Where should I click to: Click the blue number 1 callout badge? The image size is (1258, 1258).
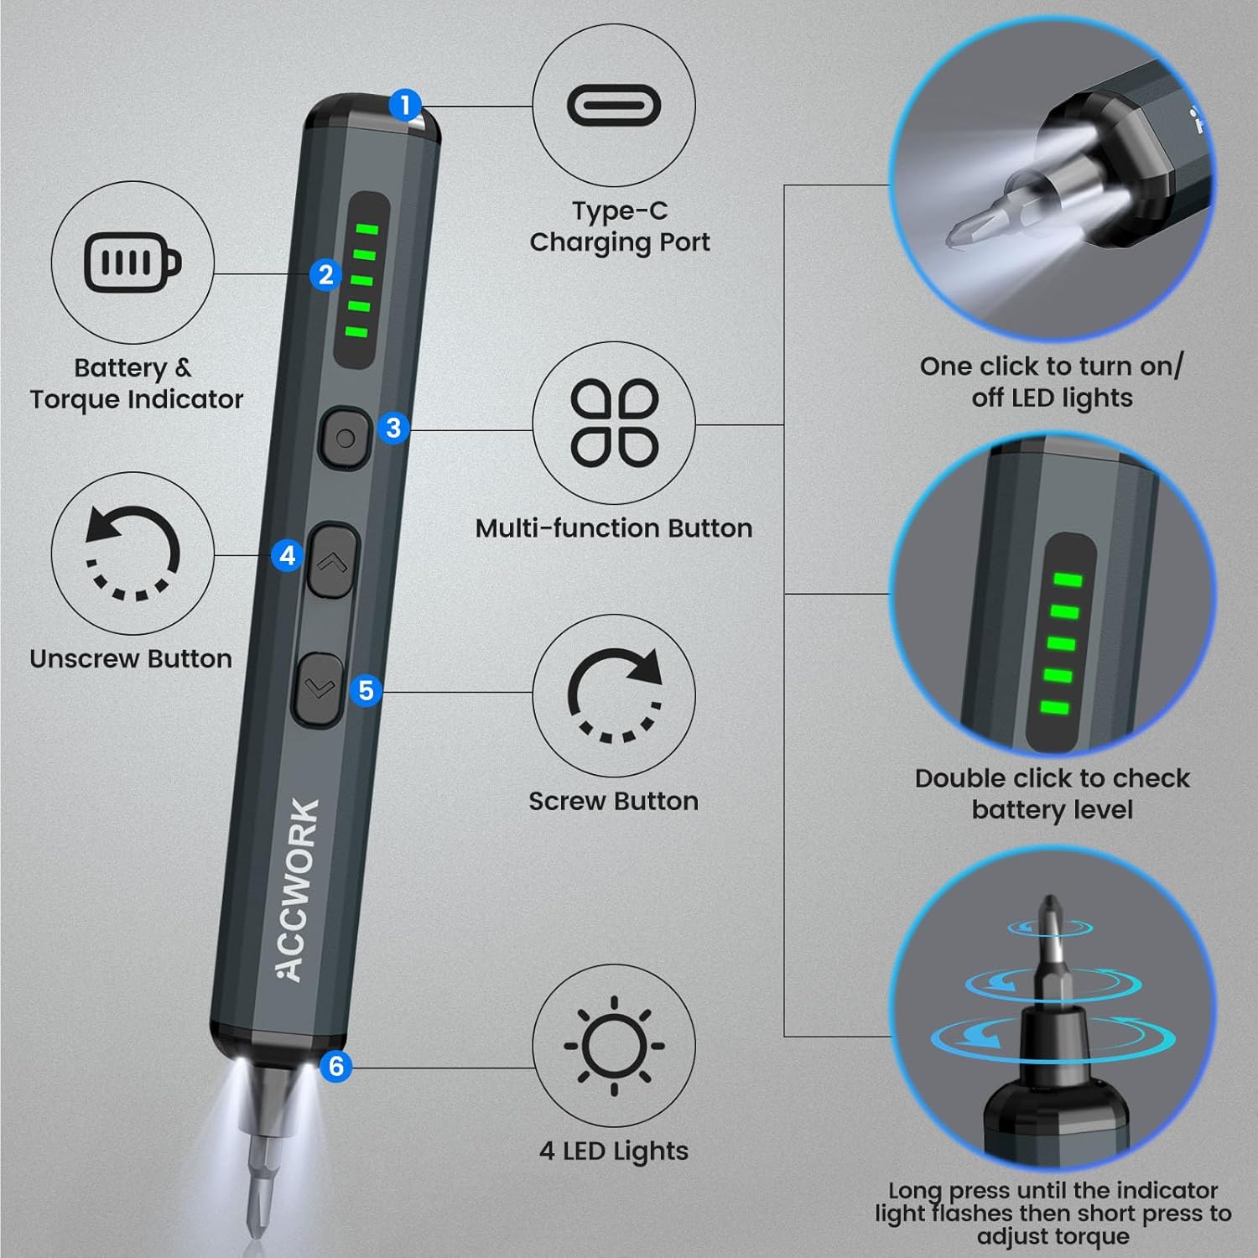click(406, 106)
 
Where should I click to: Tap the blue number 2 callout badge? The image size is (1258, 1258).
click(325, 274)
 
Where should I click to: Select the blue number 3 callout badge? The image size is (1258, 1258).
click(393, 428)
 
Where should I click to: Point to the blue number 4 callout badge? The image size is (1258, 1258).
click(288, 555)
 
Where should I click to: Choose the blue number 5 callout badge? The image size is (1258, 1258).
click(366, 690)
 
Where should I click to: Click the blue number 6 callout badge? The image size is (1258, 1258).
click(336, 1066)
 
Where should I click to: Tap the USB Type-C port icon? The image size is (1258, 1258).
click(614, 105)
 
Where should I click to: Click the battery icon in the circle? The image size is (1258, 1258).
click(133, 263)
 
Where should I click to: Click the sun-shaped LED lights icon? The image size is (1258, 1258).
click(614, 1046)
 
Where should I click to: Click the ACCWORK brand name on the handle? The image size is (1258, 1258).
click(299, 889)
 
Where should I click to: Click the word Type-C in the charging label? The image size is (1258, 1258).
click(620, 211)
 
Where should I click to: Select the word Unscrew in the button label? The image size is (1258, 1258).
click(79, 659)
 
